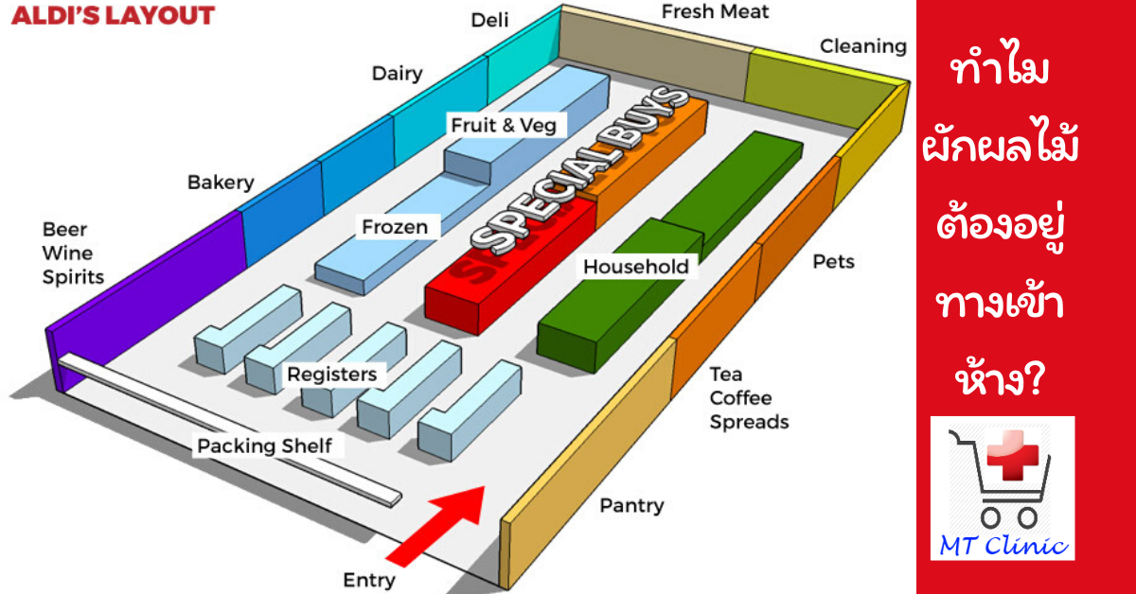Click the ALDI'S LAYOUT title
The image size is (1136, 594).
[x=113, y=15]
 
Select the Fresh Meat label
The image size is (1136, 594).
[x=715, y=11]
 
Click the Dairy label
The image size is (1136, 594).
[x=397, y=74]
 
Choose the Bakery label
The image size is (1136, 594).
[x=221, y=181]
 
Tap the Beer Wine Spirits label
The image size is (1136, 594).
[x=73, y=253]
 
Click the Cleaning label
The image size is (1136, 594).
[x=862, y=45]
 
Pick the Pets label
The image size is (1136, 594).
[x=833, y=261]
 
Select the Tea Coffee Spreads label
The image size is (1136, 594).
[x=749, y=398]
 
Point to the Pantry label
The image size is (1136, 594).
[x=631, y=506]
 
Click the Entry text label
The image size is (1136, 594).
[x=369, y=578]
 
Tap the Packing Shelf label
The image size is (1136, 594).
[x=264, y=445]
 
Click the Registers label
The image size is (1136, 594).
[x=331, y=375]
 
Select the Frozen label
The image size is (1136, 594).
[x=395, y=227]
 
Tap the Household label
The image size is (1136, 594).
[x=635, y=267]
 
